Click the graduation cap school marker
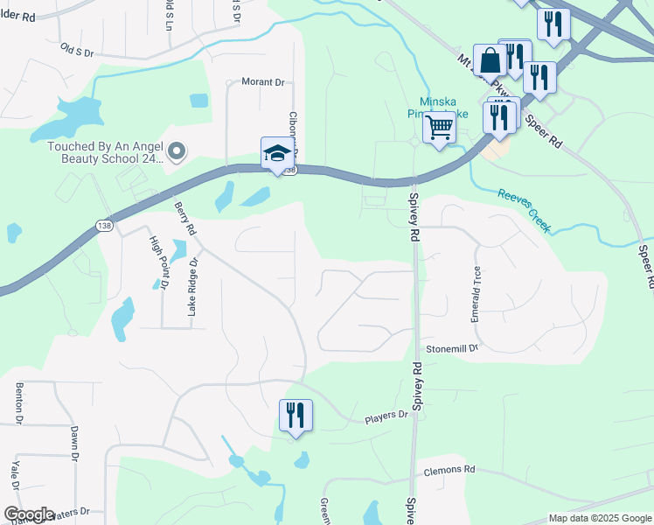tap(278, 154)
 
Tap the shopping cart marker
tap(439, 128)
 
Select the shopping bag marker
tap(490, 60)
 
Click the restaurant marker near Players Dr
tap(296, 415)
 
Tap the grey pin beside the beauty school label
tap(177, 152)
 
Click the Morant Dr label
tap(262, 82)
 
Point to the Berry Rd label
tap(184, 219)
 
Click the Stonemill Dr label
tap(453, 348)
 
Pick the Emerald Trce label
tap(477, 294)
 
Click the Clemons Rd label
tap(449, 470)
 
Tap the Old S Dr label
tap(77, 50)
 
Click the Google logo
tap(28, 514)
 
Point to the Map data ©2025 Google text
tap(600, 518)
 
